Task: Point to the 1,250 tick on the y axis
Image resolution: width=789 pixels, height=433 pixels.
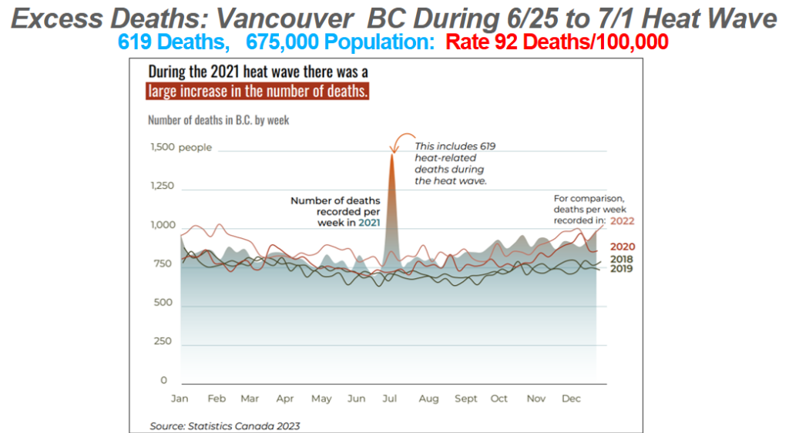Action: point(162,186)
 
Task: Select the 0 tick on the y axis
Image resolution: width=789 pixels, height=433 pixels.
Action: point(164,381)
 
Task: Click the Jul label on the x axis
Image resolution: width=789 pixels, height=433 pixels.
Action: point(390,399)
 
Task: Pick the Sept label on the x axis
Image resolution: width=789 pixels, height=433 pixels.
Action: point(465,399)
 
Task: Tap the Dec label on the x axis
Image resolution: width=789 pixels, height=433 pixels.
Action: point(571,399)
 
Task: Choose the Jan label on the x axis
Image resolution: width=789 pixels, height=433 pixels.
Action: point(179,399)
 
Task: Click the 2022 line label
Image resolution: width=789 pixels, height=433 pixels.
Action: point(623,220)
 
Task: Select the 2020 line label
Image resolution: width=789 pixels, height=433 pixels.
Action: point(623,247)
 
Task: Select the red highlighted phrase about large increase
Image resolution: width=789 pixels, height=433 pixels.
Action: point(258,92)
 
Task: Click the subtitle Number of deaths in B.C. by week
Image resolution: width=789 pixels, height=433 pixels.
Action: point(219,120)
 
